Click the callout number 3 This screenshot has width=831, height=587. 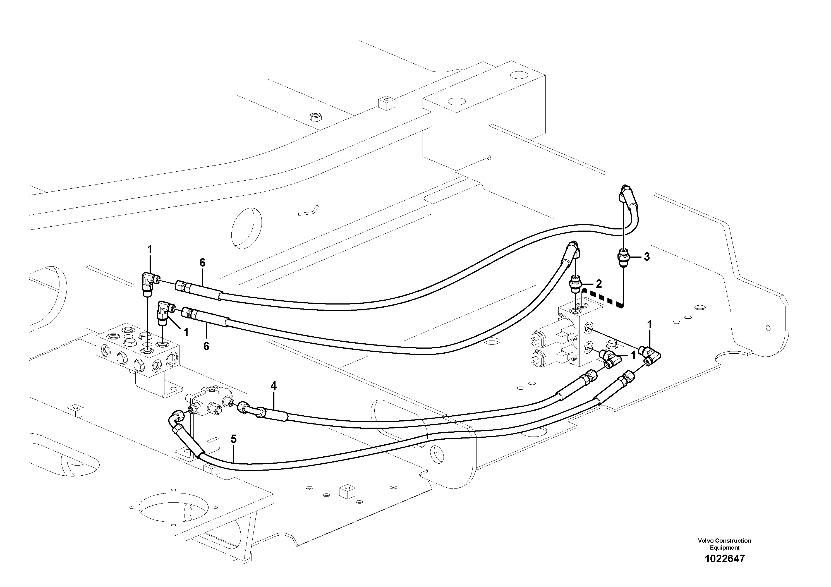tap(646, 257)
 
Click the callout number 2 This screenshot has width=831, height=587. tap(599, 284)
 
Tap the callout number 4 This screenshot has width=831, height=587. tap(273, 386)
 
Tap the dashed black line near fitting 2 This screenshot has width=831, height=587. tap(603, 298)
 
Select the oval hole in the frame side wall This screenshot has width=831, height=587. tap(246, 228)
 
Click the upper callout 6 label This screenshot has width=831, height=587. tap(202, 263)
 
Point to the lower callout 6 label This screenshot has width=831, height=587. tap(206, 346)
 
